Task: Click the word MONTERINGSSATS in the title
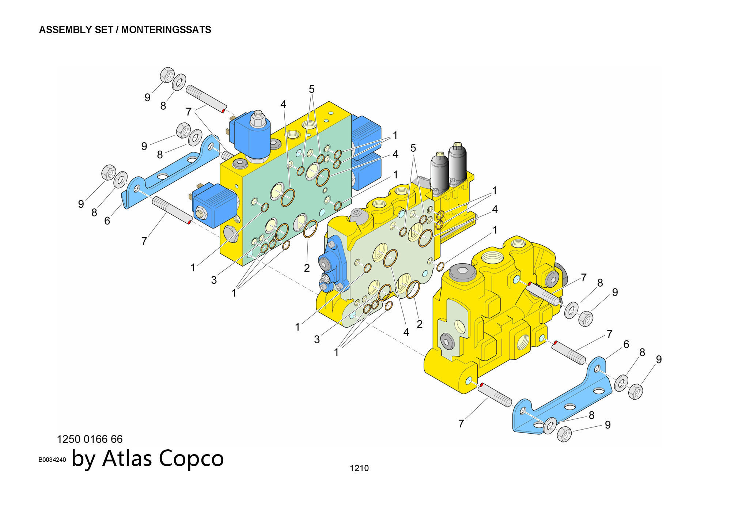[166, 30]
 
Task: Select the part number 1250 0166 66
[90, 439]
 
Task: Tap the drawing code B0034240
[52, 460]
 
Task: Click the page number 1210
[359, 468]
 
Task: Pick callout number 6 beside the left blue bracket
[107, 221]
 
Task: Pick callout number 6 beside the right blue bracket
[626, 344]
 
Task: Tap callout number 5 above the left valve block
[311, 89]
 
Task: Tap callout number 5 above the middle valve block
[413, 148]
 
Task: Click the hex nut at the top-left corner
[167, 75]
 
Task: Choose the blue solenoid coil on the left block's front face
[214, 205]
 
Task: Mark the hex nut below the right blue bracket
[564, 434]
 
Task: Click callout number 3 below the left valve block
[214, 280]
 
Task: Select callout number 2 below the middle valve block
[419, 324]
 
